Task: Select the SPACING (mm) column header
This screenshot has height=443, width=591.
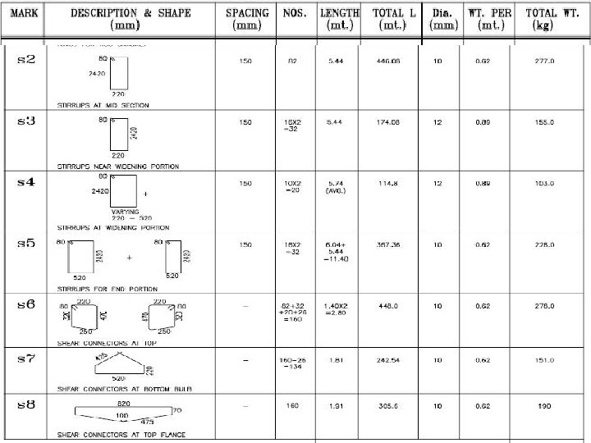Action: (247, 19)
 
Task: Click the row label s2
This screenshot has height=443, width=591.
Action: (25, 60)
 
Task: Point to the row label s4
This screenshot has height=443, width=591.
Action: (25, 181)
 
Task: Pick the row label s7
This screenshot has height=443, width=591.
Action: (25, 359)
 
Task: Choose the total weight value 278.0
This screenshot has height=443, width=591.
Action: (544, 306)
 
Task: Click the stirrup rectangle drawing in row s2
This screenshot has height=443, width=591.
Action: (117, 74)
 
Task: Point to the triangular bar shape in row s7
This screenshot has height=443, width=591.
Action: (119, 365)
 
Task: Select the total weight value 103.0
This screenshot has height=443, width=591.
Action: (544, 183)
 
